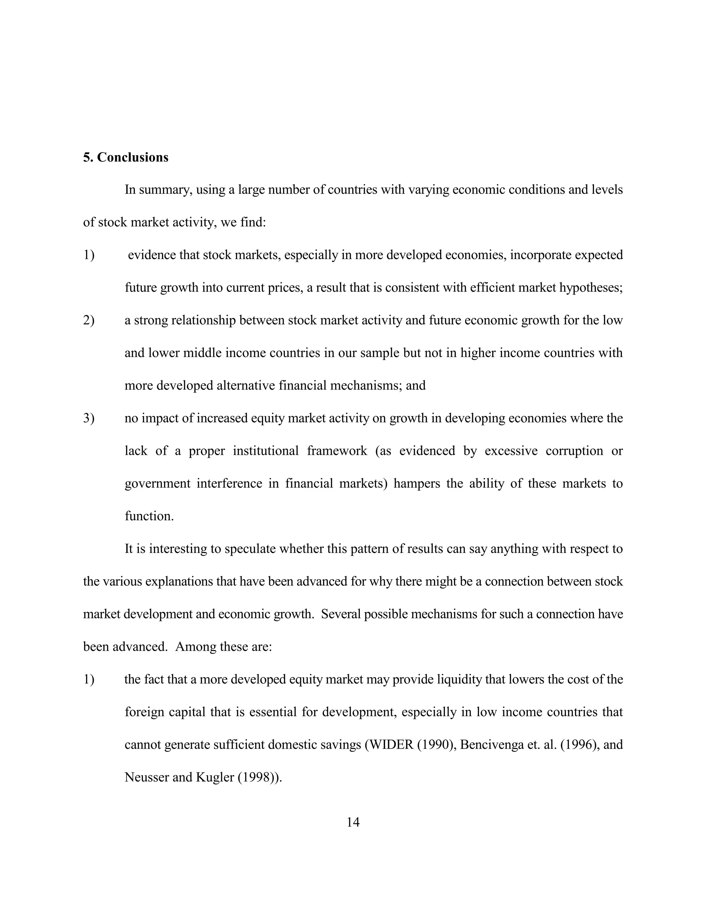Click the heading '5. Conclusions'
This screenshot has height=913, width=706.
coord(125,157)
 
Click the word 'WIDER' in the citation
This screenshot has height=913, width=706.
coord(391,745)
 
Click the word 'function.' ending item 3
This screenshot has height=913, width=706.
coord(149,516)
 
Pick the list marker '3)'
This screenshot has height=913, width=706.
coord(89,418)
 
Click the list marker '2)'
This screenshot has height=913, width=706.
coord(89,320)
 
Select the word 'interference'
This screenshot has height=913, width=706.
coord(229,483)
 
